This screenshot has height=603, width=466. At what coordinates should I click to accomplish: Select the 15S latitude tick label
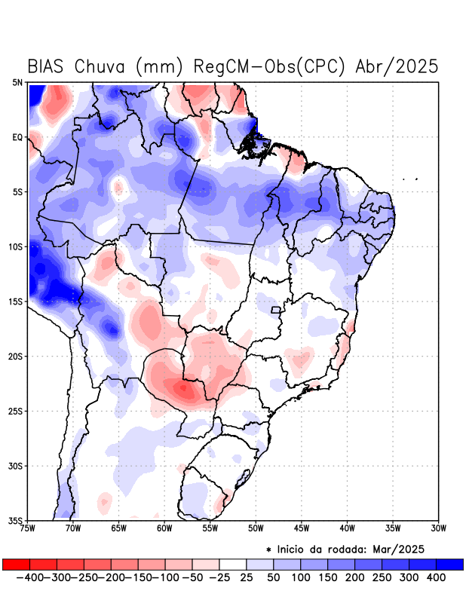[x=17, y=301]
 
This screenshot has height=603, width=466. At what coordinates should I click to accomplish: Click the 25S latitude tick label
[x=17, y=411]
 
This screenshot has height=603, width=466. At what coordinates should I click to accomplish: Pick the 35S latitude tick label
[x=17, y=520]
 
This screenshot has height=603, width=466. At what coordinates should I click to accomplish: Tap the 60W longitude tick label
[x=164, y=528]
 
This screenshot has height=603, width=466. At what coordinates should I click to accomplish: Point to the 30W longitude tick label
[x=439, y=528]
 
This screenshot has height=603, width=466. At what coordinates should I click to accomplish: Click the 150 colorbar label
[x=327, y=577]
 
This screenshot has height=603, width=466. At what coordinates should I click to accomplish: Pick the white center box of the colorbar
[x=233, y=565]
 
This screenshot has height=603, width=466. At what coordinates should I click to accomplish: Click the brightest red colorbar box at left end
[x=16, y=565]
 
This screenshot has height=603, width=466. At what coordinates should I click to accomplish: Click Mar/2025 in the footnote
[x=400, y=548]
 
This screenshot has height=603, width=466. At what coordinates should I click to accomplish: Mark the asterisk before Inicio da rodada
[x=269, y=549]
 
